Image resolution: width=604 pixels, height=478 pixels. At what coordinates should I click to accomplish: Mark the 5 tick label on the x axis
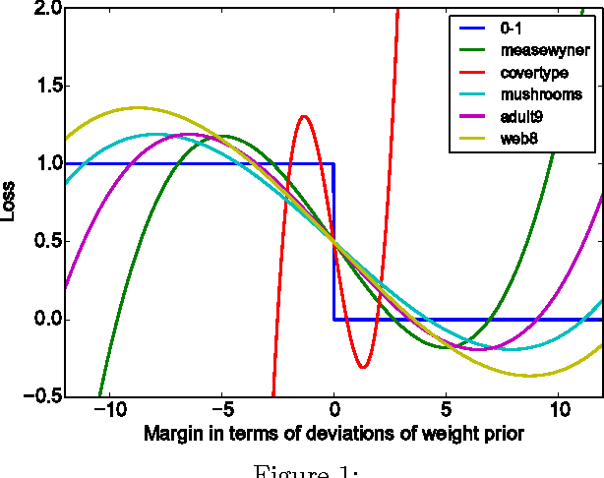446,410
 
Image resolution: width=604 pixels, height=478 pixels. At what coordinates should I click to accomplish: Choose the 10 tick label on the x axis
558,410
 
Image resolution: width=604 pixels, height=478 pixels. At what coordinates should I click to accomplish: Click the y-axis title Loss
11,202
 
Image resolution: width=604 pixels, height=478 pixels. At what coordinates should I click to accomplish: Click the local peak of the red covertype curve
304,116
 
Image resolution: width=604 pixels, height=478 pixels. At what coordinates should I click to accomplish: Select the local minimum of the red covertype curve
363,367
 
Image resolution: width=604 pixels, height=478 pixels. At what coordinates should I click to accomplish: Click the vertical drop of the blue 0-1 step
334,241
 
